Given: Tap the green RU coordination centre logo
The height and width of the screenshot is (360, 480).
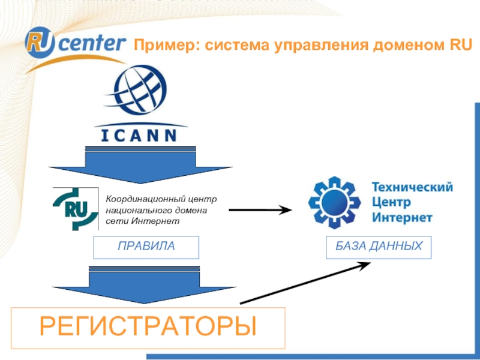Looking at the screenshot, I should [x=76, y=209].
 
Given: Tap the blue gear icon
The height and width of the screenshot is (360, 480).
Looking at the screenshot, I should [x=334, y=201].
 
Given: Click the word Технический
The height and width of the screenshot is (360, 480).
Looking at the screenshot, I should [x=412, y=187].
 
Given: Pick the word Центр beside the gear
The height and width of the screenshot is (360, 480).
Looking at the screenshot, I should [x=392, y=202].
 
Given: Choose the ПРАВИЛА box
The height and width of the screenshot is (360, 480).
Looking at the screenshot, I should [x=146, y=247].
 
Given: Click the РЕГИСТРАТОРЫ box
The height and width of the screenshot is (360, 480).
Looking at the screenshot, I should [x=148, y=328].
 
